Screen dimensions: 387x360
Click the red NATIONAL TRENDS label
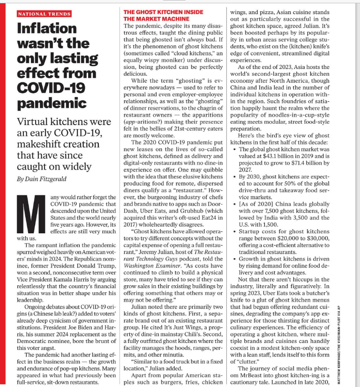[44, 14]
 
